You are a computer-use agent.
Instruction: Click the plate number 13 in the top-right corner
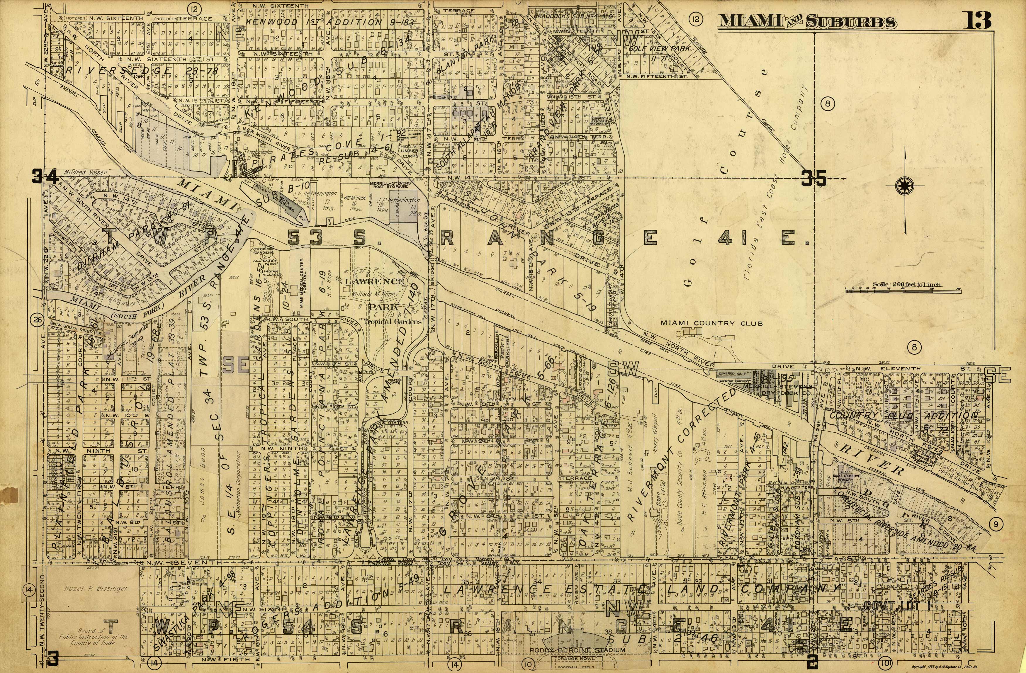tap(977, 20)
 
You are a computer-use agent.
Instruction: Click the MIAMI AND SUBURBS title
tap(806, 22)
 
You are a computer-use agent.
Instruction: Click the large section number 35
tap(813, 178)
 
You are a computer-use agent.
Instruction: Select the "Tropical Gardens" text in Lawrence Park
tap(392, 321)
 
